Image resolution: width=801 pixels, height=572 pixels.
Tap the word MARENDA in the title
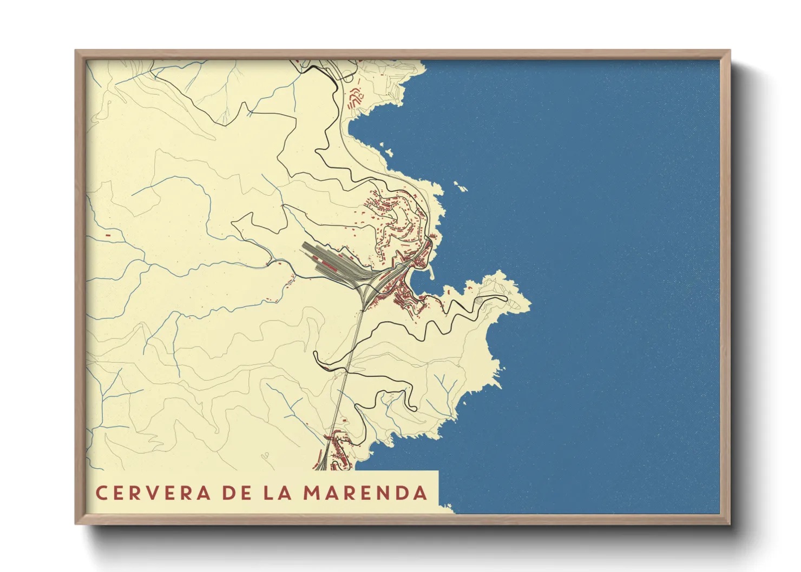pos(365,493)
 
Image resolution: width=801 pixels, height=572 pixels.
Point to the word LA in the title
pos(278,493)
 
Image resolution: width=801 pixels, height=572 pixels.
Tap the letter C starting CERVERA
pos(101,493)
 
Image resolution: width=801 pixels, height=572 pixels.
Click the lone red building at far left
pos(108,235)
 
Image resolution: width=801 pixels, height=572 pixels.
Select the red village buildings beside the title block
pos(338,451)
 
